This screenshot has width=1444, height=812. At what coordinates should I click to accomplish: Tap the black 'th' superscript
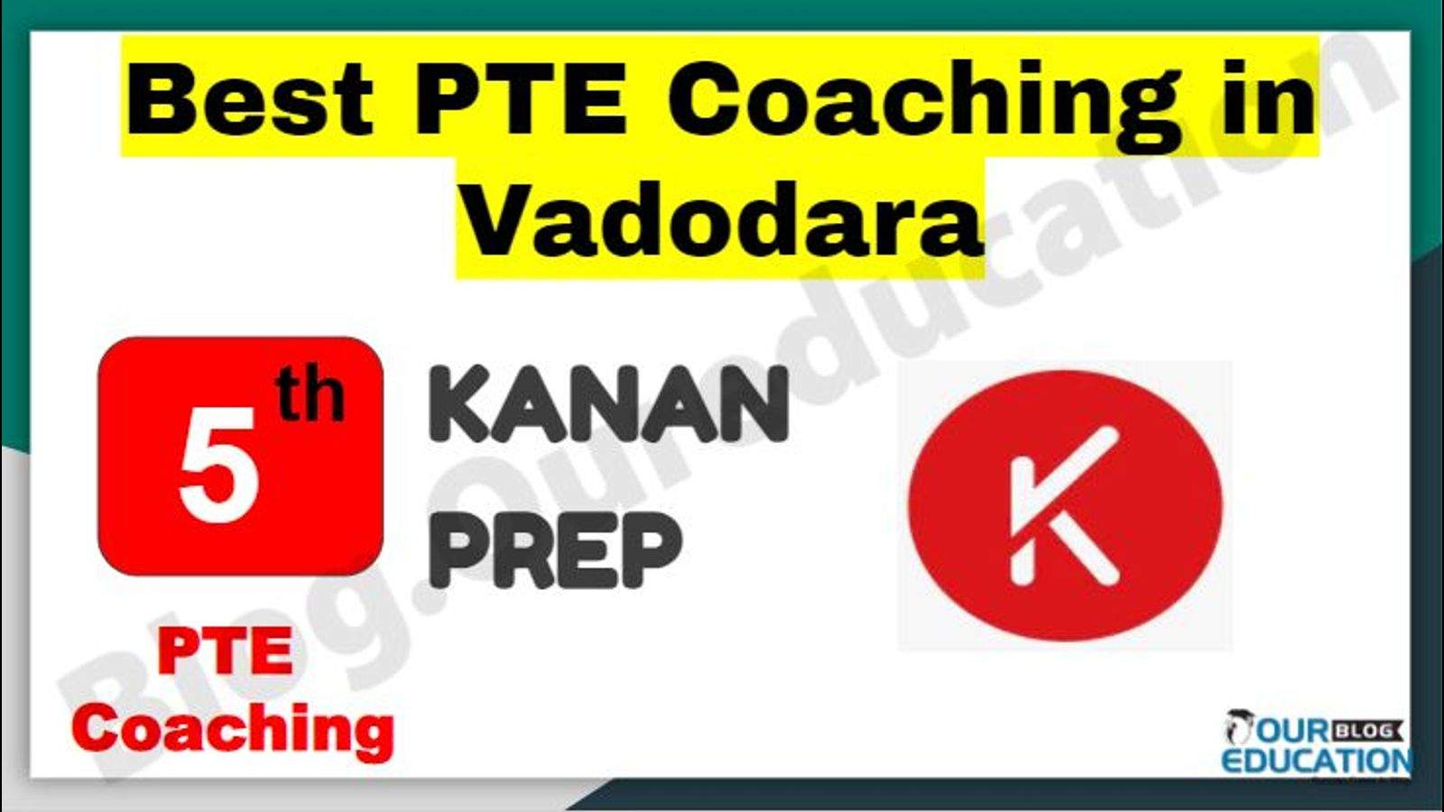click(x=310, y=397)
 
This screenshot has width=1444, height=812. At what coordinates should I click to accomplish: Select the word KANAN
click(x=608, y=404)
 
